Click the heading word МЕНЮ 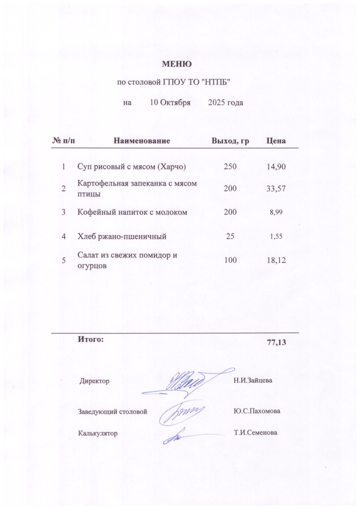pyautogui.click(x=177, y=64)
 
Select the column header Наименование pyautogui.click(x=142, y=141)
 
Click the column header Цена pyautogui.click(x=276, y=141)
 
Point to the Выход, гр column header pyautogui.click(x=230, y=141)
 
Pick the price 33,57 pyautogui.click(x=276, y=189)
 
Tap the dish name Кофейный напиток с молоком pyautogui.click(x=132, y=212)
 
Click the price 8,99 pyautogui.click(x=276, y=213)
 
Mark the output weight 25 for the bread pyautogui.click(x=230, y=236)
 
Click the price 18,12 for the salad pyautogui.click(x=276, y=259)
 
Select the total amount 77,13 pyautogui.click(x=277, y=342)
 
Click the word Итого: pyautogui.click(x=90, y=340)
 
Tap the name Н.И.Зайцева pyautogui.click(x=252, y=381)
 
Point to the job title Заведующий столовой pyautogui.click(x=113, y=412)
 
